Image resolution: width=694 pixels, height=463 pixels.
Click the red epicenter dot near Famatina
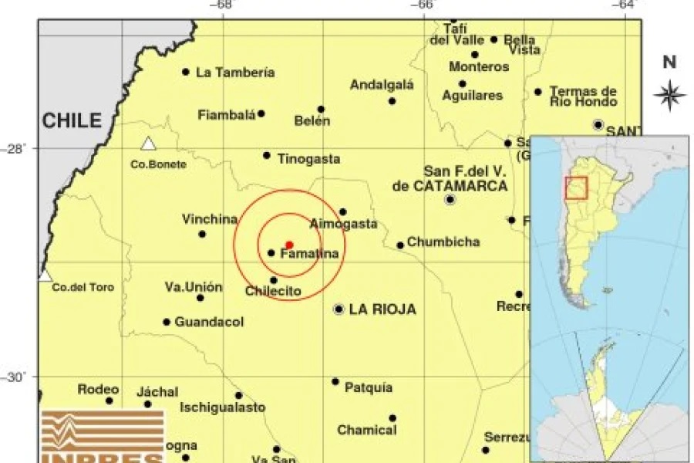click(289, 245)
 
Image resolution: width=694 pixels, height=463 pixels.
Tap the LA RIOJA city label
click(382, 309)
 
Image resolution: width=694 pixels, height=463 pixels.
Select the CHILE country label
click(72, 120)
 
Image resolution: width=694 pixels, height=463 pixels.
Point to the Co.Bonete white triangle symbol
click(148, 144)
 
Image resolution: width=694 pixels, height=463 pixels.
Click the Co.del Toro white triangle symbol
click(45, 275)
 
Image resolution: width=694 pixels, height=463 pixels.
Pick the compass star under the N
click(669, 95)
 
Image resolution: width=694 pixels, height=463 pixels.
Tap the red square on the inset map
click(576, 188)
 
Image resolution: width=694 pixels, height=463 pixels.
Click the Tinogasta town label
click(308, 159)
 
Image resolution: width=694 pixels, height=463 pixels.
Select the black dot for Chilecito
click(274, 280)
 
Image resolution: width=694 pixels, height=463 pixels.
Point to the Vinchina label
click(210, 219)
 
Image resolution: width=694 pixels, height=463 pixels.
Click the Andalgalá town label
click(382, 85)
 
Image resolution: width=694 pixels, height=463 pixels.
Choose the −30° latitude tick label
click(16, 377)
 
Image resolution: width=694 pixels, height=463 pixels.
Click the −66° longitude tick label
click(425, 5)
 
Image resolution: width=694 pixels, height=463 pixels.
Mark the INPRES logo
click(103, 436)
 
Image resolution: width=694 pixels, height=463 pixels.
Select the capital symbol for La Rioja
click(339, 309)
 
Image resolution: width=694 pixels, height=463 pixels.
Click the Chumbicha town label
click(443, 242)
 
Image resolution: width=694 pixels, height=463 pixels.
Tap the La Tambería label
click(235, 73)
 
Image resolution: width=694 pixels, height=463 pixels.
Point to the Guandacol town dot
click(167, 322)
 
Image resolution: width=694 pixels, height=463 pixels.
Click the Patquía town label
click(369, 387)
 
